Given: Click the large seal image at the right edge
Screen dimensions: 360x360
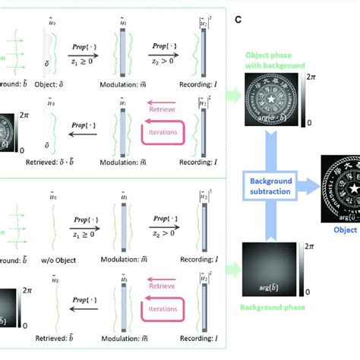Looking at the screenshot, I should pyautogui.click(x=339, y=186).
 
